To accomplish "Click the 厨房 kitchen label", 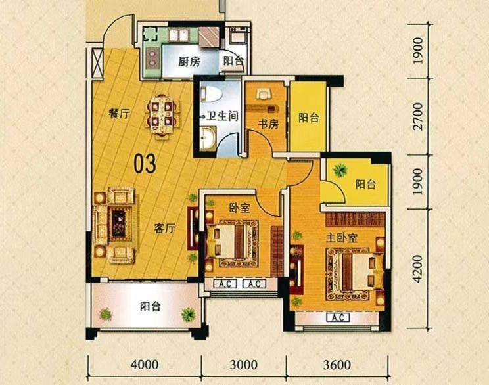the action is (189, 62).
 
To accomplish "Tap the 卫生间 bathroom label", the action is (221, 116).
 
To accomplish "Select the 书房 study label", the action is (268, 124).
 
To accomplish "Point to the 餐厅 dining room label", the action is (120, 114).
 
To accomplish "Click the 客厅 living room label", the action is (165, 228).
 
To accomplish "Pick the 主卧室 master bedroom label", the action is (342, 238).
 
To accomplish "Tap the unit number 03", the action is (145, 164).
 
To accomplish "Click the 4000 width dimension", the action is (145, 365).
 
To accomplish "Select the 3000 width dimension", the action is (244, 365).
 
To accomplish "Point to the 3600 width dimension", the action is (337, 365).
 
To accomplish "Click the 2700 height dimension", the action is (418, 116).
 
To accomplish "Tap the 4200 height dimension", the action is (418, 269).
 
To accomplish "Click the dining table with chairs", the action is (161, 116).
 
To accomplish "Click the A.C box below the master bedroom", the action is (338, 318).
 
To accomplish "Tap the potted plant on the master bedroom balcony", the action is (340, 170).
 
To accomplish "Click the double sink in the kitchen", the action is (179, 35).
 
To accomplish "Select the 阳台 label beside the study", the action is (308, 118).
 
